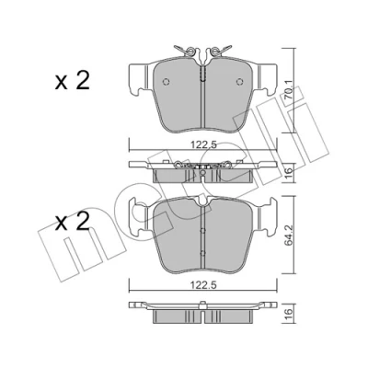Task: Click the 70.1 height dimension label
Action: click(289, 92)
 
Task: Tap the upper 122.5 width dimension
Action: click(203, 144)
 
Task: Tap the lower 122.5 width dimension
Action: click(203, 285)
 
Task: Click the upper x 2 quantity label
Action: click(73, 80)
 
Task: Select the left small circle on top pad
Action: click(167, 82)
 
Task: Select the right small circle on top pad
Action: click(240, 82)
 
